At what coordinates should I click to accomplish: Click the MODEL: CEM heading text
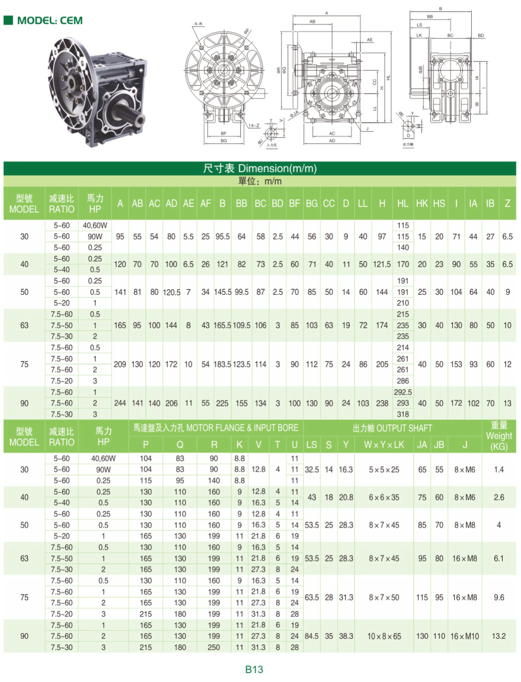pyautogui.click(x=50, y=21)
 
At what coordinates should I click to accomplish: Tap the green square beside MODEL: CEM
pyautogui.click(x=8, y=20)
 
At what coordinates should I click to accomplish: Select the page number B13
pyautogui.click(x=254, y=669)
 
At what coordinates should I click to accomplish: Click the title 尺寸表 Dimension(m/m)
pyautogui.click(x=260, y=169)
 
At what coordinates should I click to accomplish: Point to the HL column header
pyautogui.click(x=402, y=204)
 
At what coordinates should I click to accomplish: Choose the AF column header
pyautogui.click(x=205, y=204)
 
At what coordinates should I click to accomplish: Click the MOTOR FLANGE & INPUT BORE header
pyautogui.click(x=216, y=428)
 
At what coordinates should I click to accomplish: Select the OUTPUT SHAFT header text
pyautogui.click(x=392, y=428)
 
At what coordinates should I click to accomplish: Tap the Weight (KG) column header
pyautogui.click(x=498, y=436)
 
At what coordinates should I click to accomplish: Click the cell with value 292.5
pyautogui.click(x=403, y=392)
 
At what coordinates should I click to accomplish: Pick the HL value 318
pyautogui.click(x=403, y=414)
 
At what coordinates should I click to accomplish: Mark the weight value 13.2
pyautogui.click(x=498, y=636)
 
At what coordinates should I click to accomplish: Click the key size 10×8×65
pyautogui.click(x=384, y=636)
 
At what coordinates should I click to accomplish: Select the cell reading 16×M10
pyautogui.click(x=465, y=636)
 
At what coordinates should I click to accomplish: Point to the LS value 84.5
pyautogui.click(x=311, y=636)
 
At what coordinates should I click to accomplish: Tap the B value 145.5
pyautogui.click(x=223, y=292)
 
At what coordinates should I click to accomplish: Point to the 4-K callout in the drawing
pyautogui.click(x=198, y=23)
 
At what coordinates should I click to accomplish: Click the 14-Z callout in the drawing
pyautogui.click(x=254, y=126)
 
